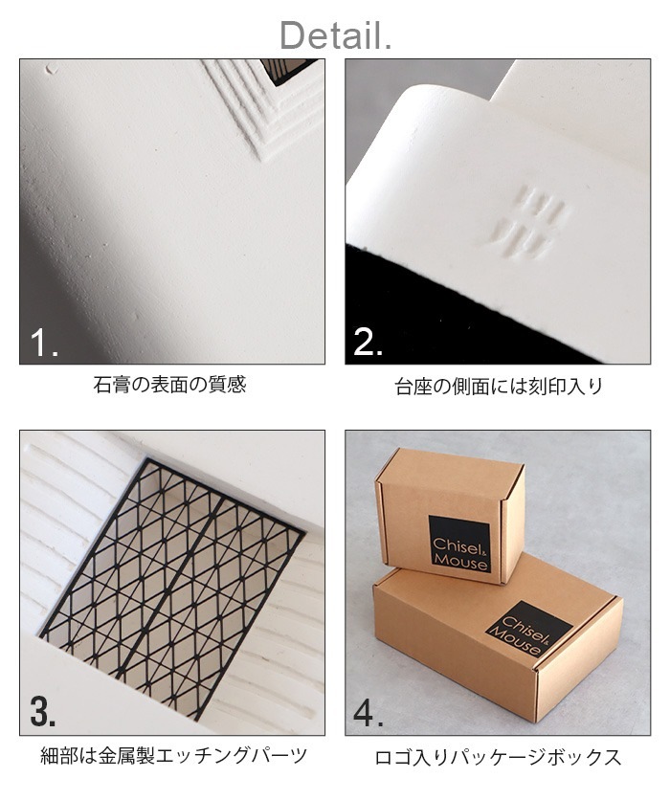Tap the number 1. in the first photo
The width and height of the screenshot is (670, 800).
point(44,342)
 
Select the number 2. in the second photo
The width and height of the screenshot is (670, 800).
point(368,342)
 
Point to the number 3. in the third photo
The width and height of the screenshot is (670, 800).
point(44,712)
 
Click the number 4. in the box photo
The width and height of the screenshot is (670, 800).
point(369,712)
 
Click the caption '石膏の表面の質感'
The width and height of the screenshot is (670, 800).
point(170,386)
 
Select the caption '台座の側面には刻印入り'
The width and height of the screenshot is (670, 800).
point(498,388)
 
